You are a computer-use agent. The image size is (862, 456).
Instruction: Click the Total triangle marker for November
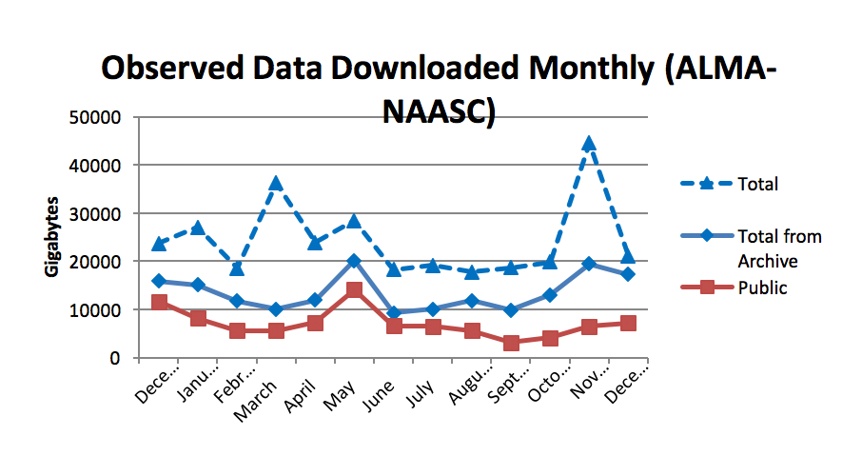tap(589, 144)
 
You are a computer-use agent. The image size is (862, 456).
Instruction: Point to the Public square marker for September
tap(511, 343)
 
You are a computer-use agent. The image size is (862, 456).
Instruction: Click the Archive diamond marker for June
tap(394, 312)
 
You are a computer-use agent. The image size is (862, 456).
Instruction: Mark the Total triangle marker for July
tap(433, 266)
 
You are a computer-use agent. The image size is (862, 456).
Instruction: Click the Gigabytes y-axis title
tap(53, 237)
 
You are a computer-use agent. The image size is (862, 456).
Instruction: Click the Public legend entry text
tap(763, 287)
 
